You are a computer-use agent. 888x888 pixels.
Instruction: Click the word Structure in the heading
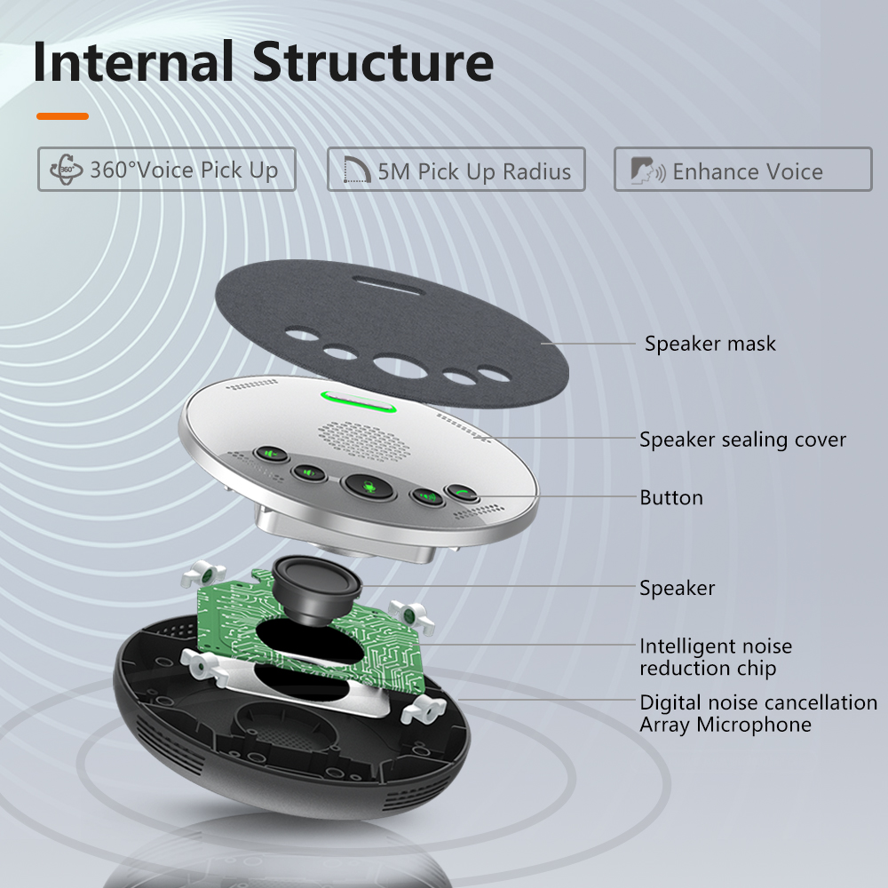pyautogui.click(x=373, y=62)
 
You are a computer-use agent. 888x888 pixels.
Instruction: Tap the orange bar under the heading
pyautogui.click(x=62, y=115)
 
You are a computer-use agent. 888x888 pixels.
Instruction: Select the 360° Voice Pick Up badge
pyautogui.click(x=166, y=170)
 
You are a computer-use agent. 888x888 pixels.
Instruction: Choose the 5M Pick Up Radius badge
pyautogui.click(x=456, y=170)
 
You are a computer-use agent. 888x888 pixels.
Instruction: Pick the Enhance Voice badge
pyautogui.click(x=743, y=170)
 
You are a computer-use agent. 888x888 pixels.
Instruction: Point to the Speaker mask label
pyautogui.click(x=710, y=344)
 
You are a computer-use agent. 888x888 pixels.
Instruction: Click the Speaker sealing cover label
pyautogui.click(x=743, y=440)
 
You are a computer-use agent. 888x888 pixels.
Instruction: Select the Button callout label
pyautogui.click(x=671, y=497)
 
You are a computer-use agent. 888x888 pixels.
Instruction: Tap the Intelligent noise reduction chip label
pyautogui.click(x=716, y=657)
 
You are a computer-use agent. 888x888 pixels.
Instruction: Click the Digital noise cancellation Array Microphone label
pyautogui.click(x=758, y=713)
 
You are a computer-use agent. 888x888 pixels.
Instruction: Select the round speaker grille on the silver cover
pyautogui.click(x=365, y=438)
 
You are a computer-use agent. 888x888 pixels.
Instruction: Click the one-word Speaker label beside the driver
pyautogui.click(x=678, y=588)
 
